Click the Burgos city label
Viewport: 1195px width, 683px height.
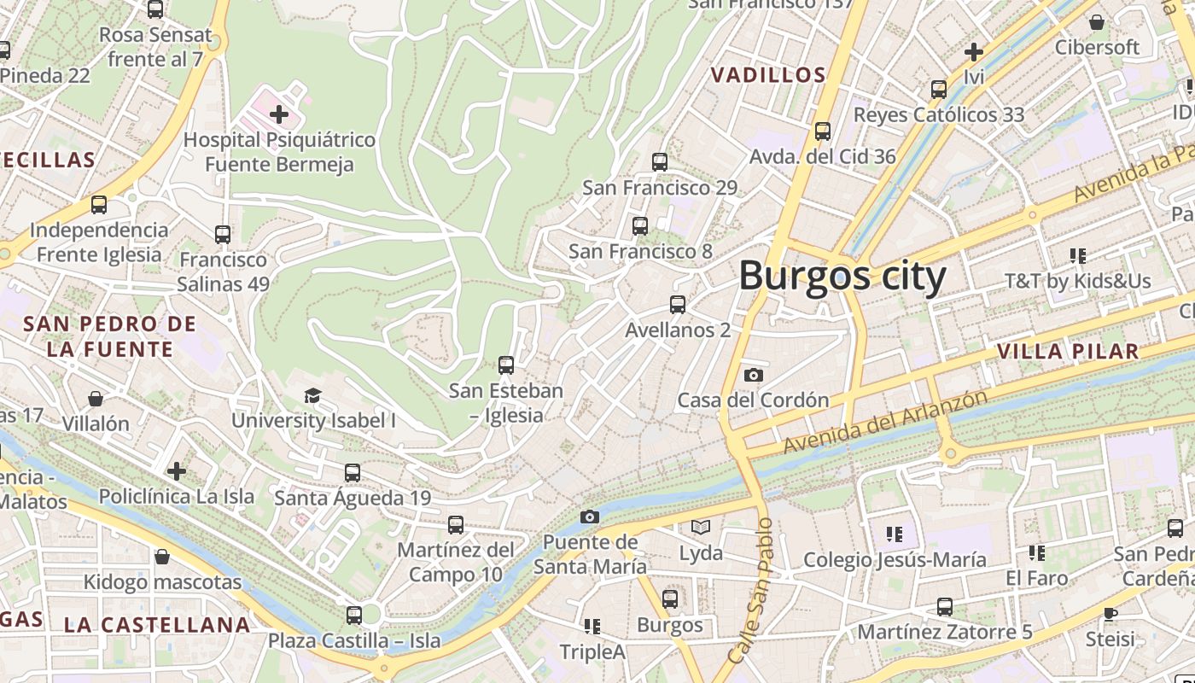[842, 277]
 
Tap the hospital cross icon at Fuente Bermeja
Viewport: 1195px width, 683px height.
[278, 114]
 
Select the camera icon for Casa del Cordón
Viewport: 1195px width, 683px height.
[753, 375]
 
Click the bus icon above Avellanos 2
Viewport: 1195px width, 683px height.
[678, 304]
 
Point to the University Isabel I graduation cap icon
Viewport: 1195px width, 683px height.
[313, 395]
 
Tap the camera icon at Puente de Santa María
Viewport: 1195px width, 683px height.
[589, 517]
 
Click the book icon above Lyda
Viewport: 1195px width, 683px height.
[701, 528]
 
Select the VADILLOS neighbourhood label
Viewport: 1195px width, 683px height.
[768, 75]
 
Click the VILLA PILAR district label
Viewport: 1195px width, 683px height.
[1067, 351]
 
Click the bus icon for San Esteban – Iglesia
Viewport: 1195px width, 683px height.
[506, 365]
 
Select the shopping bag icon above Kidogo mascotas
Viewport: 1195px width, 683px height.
[162, 557]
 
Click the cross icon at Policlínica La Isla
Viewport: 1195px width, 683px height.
[177, 470]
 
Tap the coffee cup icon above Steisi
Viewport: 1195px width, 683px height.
[1110, 613]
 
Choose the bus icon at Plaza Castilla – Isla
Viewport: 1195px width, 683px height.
[354, 615]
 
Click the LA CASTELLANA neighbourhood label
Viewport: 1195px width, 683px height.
[157, 625]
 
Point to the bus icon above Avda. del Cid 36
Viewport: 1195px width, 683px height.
[823, 131]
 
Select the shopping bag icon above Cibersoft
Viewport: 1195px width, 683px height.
[1097, 22]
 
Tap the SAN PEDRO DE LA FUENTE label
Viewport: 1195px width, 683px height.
[109, 336]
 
